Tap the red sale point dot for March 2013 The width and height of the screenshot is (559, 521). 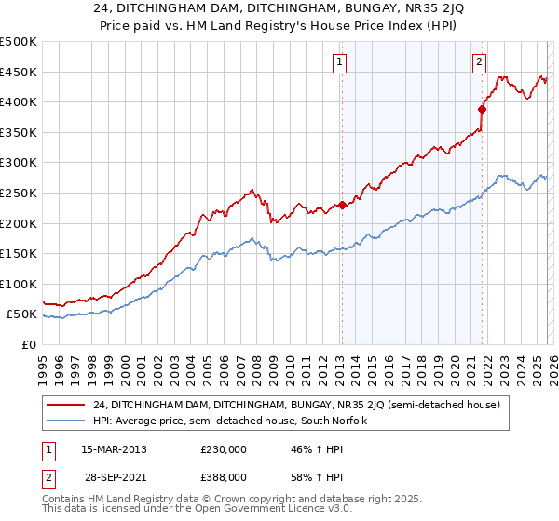pos(342,205)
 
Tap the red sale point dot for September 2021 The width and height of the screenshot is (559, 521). pos(483,109)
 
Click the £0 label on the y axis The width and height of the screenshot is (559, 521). pos(28,344)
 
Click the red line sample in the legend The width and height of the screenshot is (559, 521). pos(67,405)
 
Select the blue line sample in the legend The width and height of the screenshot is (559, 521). pos(67,421)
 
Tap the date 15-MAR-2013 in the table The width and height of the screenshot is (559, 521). pos(114,448)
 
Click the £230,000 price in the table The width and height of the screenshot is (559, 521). pos(223,448)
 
